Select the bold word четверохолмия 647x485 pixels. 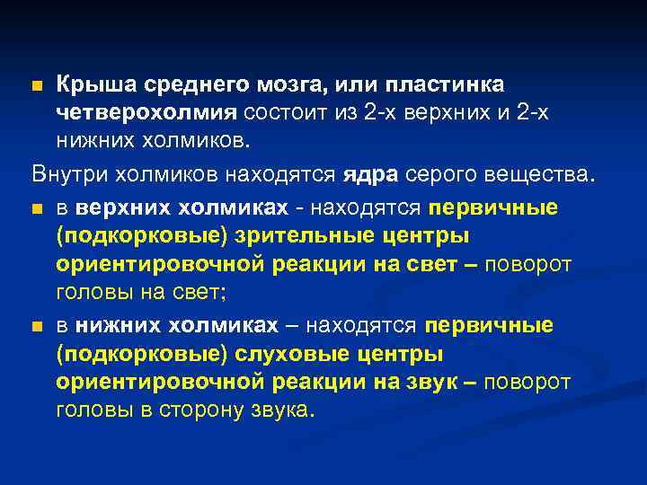pyautogui.click(x=146, y=113)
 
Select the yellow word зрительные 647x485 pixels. pyautogui.click(x=299, y=236)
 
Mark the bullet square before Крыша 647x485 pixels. pyautogui.click(x=36, y=86)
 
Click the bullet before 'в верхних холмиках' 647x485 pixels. pyautogui.click(x=36, y=209)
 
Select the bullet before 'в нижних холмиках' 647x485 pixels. pyautogui.click(x=36, y=326)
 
